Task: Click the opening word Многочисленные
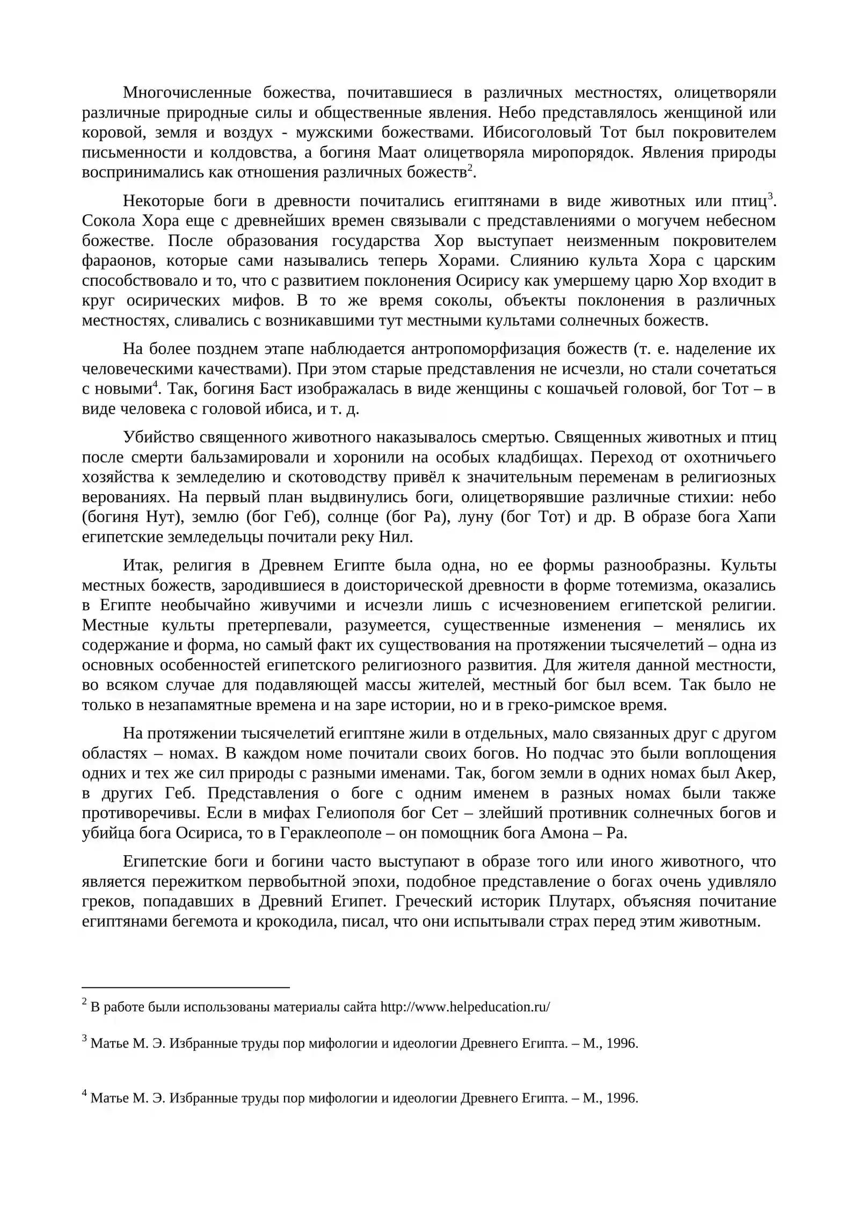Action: (x=187, y=93)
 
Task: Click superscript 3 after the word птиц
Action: (x=770, y=196)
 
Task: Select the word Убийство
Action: (x=155, y=438)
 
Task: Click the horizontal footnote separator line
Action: (x=185, y=987)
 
